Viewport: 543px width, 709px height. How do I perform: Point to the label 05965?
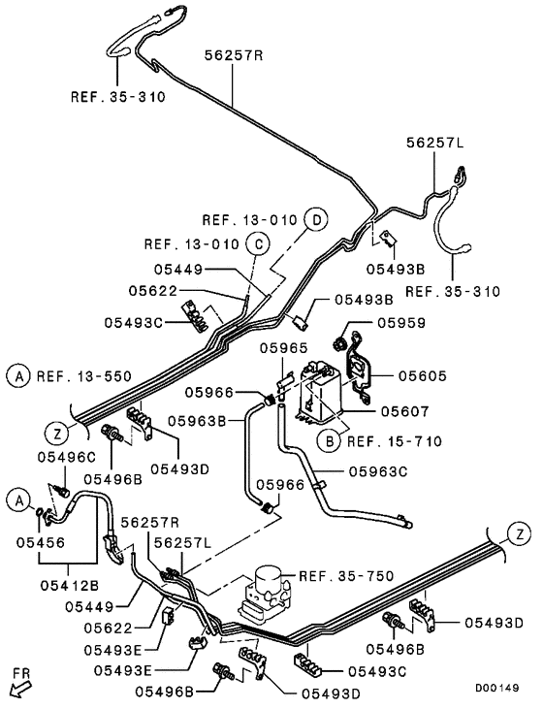coord(281,346)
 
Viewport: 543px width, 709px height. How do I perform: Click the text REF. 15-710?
coord(395,441)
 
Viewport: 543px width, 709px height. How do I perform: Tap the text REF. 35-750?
coord(346,575)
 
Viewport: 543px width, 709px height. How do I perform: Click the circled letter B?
coord(331,441)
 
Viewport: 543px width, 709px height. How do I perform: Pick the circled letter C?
coord(258,243)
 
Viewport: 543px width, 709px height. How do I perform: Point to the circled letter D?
coord(314,220)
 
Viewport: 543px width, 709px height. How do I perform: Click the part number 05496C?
coord(66,456)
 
